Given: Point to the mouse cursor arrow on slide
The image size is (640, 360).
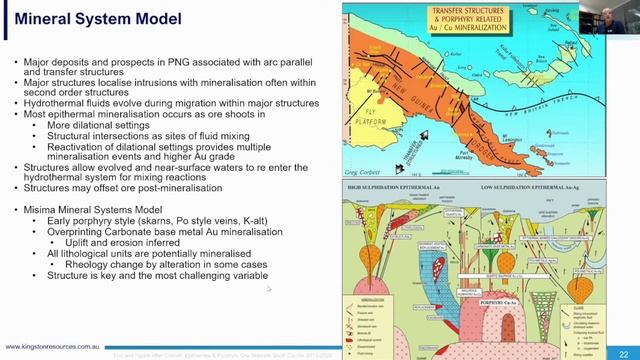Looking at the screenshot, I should [268, 290].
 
